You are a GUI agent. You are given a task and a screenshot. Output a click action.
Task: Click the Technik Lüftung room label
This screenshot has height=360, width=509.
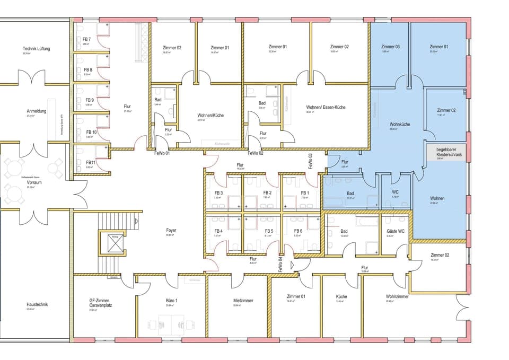coord(36,49)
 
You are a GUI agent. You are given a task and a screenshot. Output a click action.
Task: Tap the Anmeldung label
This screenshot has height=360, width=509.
coord(37,111)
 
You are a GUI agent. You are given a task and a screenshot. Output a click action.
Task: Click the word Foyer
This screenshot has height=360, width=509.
coord(171,231)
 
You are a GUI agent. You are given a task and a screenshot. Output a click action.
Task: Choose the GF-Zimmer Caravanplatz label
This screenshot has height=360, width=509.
coord(100,303)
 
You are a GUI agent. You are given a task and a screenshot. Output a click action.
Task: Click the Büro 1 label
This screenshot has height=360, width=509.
coord(171,301)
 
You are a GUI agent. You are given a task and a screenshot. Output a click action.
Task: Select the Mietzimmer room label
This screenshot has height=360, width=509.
coord(243,301)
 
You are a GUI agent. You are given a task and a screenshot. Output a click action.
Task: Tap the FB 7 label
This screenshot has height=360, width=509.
coord(87,40)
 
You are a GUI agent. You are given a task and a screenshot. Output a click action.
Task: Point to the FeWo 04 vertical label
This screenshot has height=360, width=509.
coord(280,264)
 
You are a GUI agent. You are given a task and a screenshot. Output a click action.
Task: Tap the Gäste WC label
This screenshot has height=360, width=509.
coord(396,231)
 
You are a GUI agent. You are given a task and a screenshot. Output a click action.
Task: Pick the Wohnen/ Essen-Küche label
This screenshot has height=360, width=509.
coord(326,107)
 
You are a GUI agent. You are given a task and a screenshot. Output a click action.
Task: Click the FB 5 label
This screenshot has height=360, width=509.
coord(269,231)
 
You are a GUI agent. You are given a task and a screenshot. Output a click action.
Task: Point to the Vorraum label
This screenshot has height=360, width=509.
coord(33,182)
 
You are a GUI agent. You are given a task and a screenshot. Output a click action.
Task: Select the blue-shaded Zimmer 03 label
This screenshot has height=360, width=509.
coord(390,47)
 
